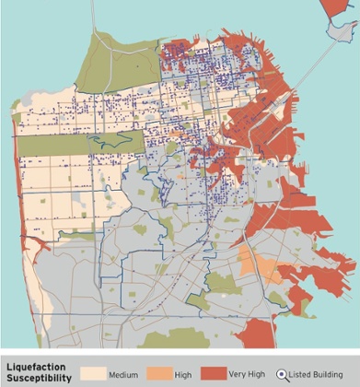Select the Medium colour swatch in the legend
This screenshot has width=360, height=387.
point(94,374)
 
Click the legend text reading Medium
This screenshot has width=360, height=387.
point(123,375)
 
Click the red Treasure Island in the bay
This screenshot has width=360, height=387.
point(336,11)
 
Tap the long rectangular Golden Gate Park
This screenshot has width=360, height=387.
point(78,143)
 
